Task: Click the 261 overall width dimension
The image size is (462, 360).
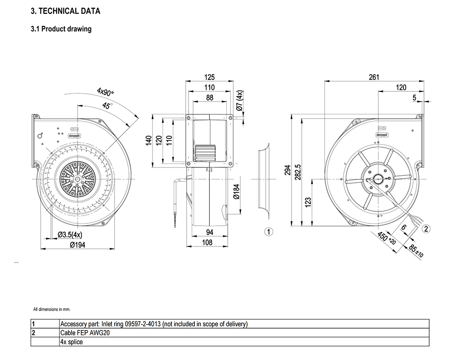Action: coord(374,77)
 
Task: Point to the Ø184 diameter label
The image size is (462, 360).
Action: coord(236,191)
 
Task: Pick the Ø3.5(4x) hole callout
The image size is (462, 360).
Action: coord(70,235)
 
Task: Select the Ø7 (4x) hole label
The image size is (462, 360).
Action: coord(239,101)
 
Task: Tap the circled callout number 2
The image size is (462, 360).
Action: coord(426,228)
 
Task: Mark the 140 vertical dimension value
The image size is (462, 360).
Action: coord(149,140)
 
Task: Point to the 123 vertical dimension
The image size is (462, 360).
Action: coord(308,202)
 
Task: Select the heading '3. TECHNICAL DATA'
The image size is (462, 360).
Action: coord(65,11)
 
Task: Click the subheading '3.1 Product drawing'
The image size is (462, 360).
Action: coord(61,29)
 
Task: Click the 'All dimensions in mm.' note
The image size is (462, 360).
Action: coord(52,309)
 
